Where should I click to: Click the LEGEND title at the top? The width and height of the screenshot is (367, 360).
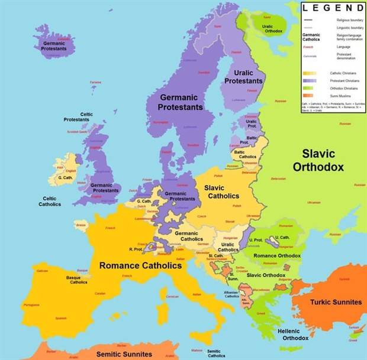333,8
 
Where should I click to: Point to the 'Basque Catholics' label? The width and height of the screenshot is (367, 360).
77,280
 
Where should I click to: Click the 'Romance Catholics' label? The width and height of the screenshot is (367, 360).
140,265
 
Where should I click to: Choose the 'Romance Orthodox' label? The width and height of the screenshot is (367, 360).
277,255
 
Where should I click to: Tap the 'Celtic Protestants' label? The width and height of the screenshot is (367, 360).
76,117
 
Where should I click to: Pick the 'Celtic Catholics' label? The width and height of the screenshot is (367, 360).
50,201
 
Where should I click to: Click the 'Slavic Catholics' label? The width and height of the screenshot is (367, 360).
221,192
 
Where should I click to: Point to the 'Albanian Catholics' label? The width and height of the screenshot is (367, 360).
231,294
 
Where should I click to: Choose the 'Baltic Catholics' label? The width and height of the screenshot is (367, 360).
244,154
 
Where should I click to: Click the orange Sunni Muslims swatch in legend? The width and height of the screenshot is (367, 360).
308,95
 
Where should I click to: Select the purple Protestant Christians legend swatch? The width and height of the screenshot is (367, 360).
308,80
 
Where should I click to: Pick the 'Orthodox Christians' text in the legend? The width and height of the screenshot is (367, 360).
341,87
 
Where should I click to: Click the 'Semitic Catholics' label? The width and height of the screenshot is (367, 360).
216,353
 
